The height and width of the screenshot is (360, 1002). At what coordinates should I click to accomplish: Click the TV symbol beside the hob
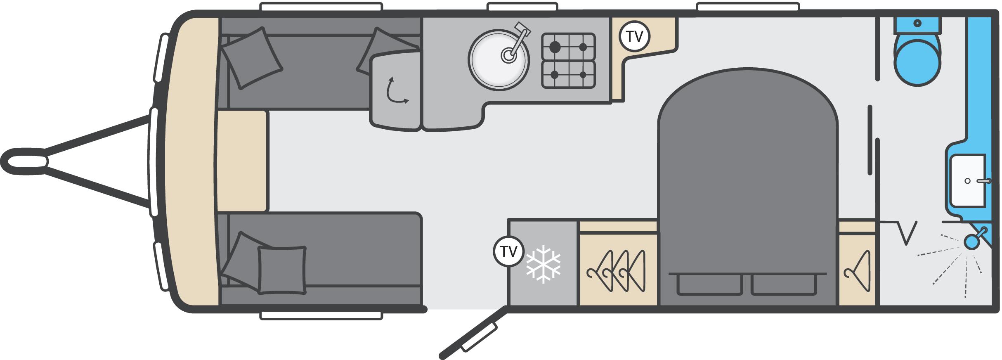coord(635,36)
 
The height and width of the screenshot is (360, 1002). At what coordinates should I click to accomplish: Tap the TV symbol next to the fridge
coord(508,251)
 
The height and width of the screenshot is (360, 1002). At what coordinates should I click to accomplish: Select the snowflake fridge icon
coord(543,264)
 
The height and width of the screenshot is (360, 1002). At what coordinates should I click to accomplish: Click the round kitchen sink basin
coord(499,59)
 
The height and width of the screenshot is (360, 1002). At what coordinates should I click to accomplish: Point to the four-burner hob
coord(569,61)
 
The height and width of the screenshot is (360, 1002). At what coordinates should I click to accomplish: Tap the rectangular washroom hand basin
coord(968,181)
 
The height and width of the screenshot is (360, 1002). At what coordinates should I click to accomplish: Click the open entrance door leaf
coord(473,333)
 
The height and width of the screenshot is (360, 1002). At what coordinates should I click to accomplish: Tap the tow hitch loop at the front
coord(25,161)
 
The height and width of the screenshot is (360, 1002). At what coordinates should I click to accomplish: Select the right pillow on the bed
coord(783,284)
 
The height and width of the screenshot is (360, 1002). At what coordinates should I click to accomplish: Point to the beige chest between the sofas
coord(243,161)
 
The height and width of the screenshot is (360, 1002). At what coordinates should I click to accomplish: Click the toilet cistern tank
coord(917,26)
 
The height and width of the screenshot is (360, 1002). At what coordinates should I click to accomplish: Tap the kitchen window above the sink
coord(522,7)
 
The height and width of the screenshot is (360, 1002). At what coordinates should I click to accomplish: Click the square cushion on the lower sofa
coord(282,270)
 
